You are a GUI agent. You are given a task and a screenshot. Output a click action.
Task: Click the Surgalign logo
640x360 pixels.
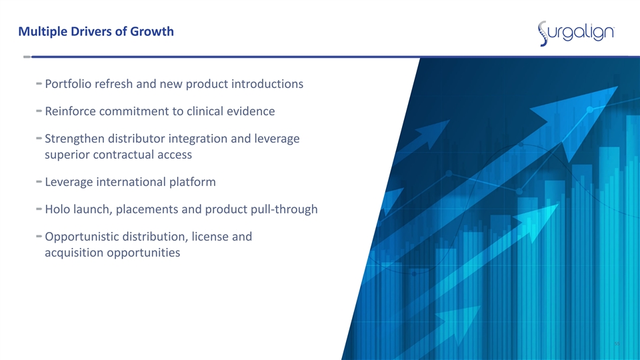tap(576, 33)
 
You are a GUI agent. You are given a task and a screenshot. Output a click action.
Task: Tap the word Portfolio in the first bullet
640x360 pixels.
tap(68, 84)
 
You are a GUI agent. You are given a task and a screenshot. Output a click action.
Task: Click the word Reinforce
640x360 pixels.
tap(71, 111)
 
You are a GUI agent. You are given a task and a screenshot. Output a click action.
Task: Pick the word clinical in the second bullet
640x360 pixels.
tap(205, 111)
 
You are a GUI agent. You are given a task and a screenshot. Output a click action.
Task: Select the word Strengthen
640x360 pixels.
tap(75, 139)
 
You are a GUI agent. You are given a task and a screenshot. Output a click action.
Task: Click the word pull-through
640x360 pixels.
tap(284, 209)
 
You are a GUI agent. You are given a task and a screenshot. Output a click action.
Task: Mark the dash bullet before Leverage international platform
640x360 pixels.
tap(39, 181)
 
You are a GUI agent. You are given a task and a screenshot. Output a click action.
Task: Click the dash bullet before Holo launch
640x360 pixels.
tap(39, 209)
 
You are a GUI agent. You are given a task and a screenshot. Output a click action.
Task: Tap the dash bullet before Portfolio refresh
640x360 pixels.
tap(39, 83)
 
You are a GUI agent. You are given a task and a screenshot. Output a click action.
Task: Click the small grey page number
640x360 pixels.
tap(617, 344)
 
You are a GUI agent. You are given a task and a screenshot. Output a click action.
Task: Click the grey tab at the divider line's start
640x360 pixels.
tap(27, 57)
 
